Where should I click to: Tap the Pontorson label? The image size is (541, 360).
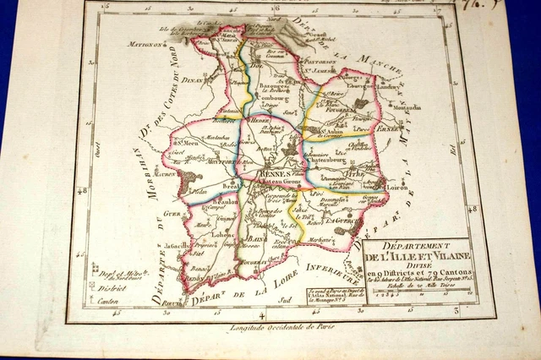(x=318, y=63)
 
